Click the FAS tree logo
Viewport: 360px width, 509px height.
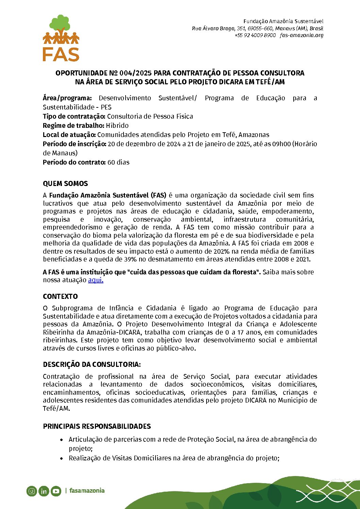61,37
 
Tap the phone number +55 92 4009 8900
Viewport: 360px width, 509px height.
255,35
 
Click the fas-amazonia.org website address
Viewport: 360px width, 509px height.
301,35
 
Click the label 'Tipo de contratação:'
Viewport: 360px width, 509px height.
74,116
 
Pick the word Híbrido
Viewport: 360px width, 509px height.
117,125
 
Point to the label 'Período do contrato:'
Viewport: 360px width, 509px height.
74,162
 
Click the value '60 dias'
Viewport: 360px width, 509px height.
118,162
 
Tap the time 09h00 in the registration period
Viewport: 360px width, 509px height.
282,144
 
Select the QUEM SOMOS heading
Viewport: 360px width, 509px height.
65,184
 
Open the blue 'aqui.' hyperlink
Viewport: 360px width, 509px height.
96,280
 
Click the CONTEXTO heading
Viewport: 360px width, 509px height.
60,296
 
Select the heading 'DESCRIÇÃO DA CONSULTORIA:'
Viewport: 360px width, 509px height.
92,364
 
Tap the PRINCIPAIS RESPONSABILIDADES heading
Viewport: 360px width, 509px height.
97,426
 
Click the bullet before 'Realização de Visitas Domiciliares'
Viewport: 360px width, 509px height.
62,458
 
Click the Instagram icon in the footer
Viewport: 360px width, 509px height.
32,491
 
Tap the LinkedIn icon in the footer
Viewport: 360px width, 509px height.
44,491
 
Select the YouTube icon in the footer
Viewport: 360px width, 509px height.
56,491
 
